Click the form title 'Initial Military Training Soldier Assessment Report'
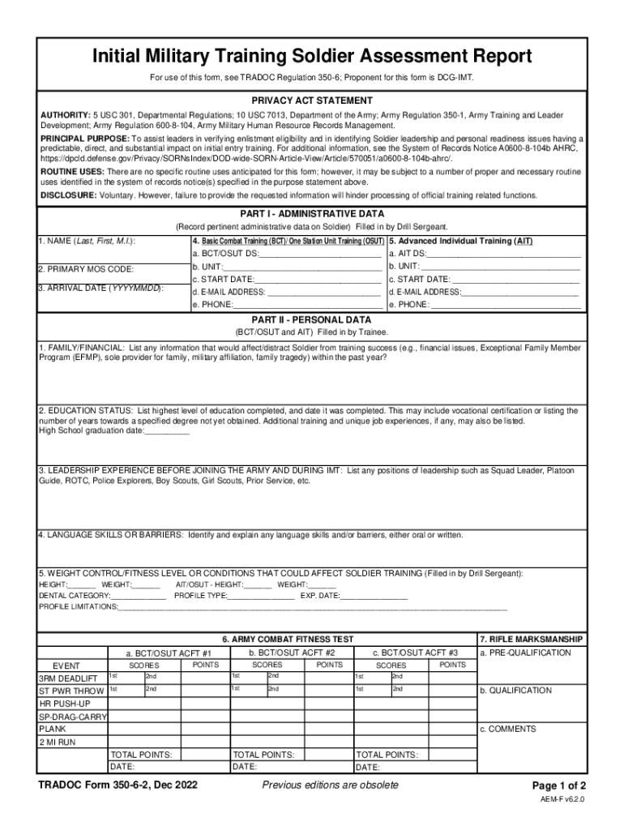pos(311,57)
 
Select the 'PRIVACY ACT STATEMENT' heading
pos(311,101)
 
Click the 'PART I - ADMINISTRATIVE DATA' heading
pos(311,214)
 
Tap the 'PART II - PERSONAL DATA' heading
pos(311,320)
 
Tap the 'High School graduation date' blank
pos(166,431)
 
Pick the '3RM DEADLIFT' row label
pos(68,678)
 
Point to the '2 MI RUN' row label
pos(58,742)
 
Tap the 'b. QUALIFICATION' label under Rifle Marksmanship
pos(515,691)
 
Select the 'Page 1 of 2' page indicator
pos(558,786)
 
